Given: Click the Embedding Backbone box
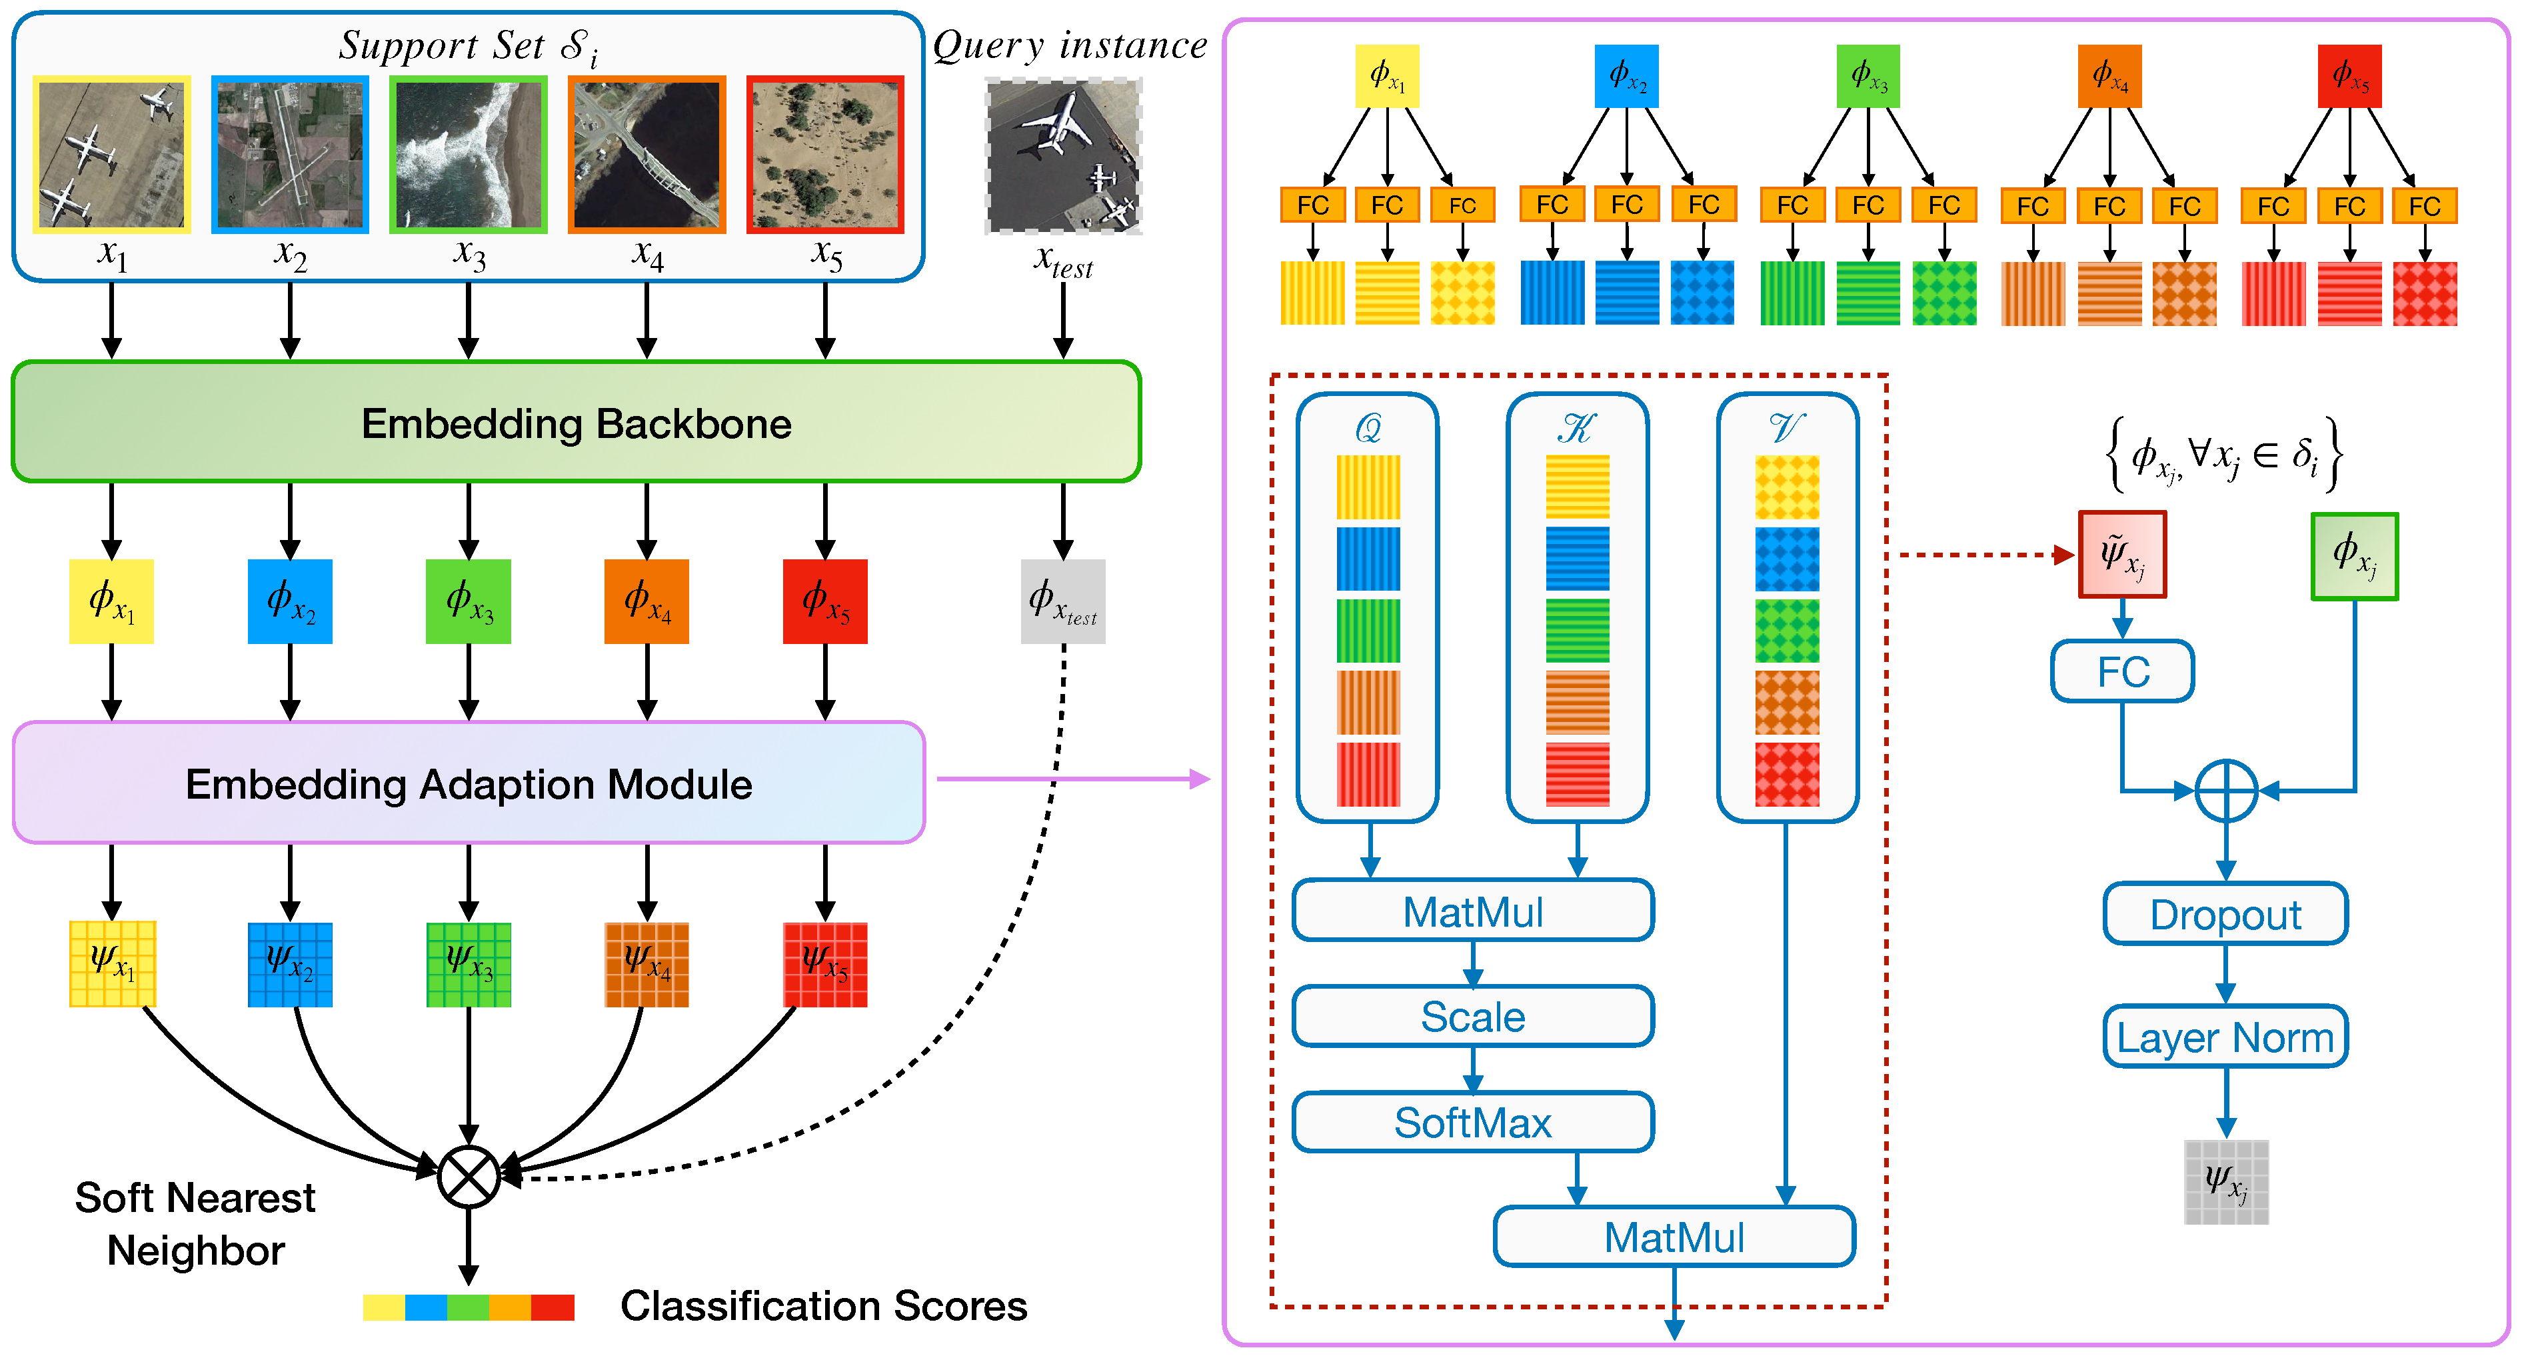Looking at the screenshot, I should pyautogui.click(x=576, y=422).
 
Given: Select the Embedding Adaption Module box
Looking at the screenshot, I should pyautogui.click(x=468, y=783).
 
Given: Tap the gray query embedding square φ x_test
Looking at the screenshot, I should pyautogui.click(x=1062, y=601).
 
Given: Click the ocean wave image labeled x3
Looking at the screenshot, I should pyautogui.click(x=468, y=155).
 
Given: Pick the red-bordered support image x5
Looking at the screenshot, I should pyautogui.click(x=824, y=155).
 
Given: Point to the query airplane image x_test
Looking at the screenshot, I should pyautogui.click(x=1063, y=157).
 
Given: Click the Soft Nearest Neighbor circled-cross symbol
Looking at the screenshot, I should pyautogui.click(x=468, y=1176).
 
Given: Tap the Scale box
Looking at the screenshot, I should pyautogui.click(x=1472, y=1016).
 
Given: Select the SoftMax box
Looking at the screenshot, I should pyautogui.click(x=1472, y=1122).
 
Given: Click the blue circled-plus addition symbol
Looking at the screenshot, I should pyautogui.click(x=2225, y=790).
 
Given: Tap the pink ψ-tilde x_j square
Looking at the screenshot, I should pyautogui.click(x=2121, y=554).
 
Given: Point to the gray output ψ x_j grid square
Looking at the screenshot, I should pyautogui.click(x=2225, y=1182).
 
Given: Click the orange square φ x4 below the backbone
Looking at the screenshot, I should pyautogui.click(x=646, y=601).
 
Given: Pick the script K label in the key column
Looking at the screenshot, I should pyautogui.click(x=1576, y=428).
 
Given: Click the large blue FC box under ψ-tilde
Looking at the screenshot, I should pyautogui.click(x=2121, y=671).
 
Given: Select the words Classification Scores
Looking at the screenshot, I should pyautogui.click(x=823, y=1306).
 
